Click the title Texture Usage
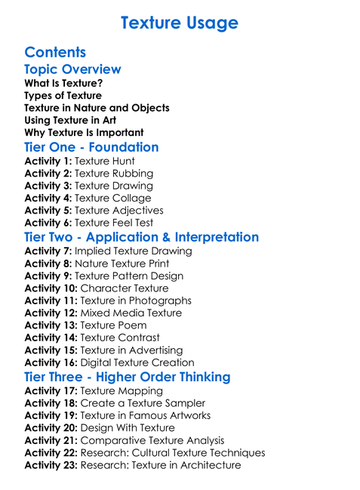point(180,23)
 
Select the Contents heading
point(55,52)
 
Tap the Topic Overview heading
point(72,69)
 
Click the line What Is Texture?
point(63,83)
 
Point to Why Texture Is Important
point(84,132)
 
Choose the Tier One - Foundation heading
point(91,147)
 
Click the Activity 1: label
point(48,161)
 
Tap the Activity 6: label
point(48,223)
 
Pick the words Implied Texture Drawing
point(134,251)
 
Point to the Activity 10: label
point(51,288)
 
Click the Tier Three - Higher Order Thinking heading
point(128,377)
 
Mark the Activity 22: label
point(51,453)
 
